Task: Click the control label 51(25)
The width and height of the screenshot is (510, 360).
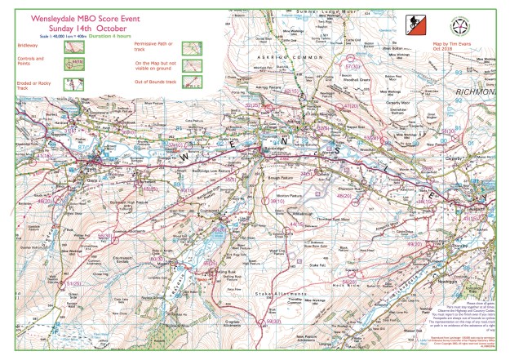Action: click(x=74, y=282)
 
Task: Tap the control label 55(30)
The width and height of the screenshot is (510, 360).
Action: click(x=104, y=234)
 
